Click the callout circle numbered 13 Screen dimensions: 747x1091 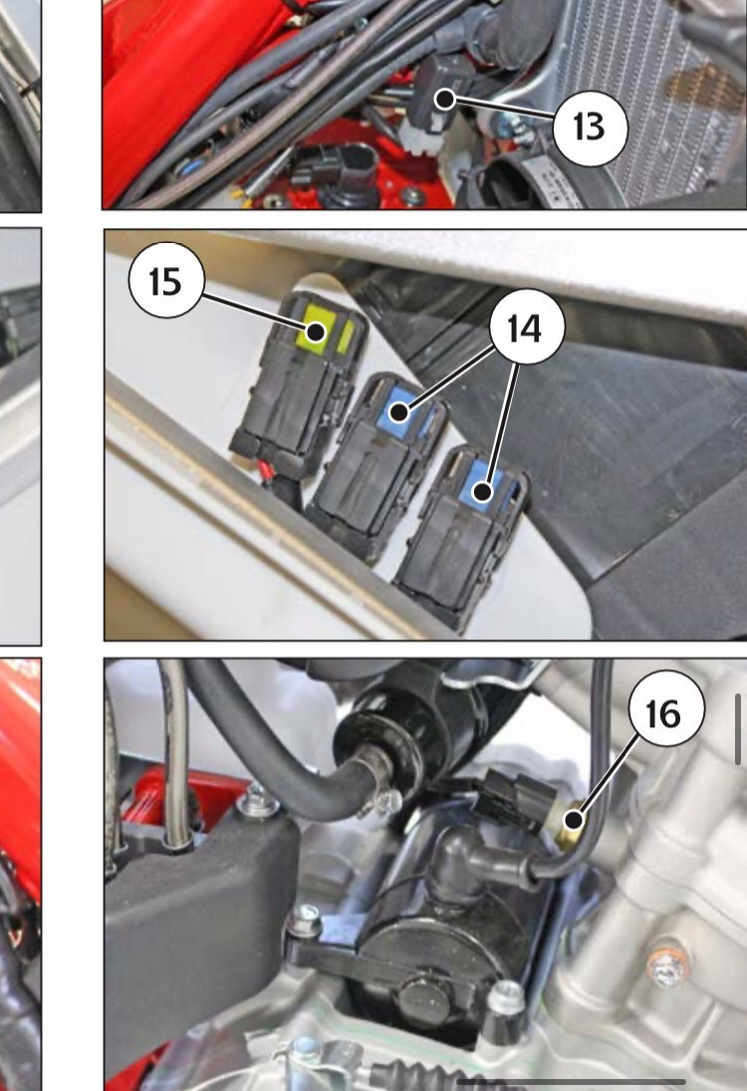591,128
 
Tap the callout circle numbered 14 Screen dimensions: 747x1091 527,327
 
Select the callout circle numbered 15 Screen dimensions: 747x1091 166,280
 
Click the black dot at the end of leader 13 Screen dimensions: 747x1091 444,99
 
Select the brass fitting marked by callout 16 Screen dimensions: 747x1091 572,821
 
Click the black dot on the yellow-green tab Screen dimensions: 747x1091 317,332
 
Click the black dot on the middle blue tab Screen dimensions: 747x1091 398,411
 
